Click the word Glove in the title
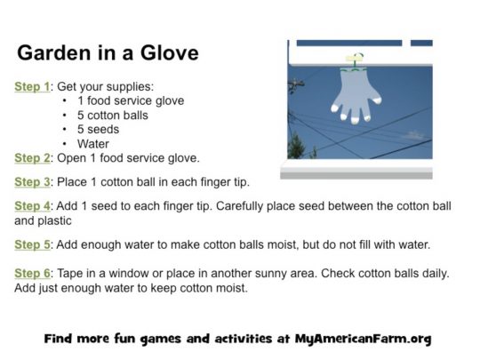point(169,53)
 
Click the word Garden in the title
point(54,53)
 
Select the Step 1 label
point(32,86)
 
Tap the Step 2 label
point(32,158)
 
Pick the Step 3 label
point(32,182)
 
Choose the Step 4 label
point(32,206)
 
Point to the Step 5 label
point(32,245)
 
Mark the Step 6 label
point(32,274)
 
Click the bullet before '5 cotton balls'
point(64,116)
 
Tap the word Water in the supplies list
point(93,144)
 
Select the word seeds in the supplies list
point(103,130)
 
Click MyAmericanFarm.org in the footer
point(364,339)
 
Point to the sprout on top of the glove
point(356,60)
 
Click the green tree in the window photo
point(296,146)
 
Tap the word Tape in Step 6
point(70,274)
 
